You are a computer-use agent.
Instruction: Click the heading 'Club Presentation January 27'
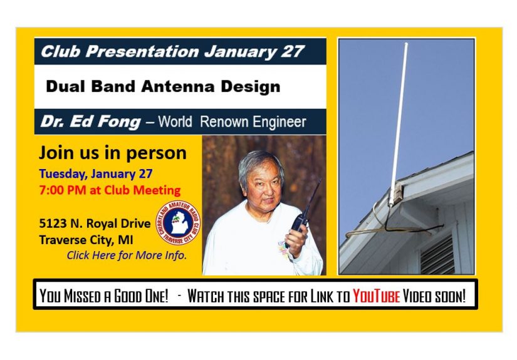click(172, 51)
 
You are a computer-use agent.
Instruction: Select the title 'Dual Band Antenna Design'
click(163, 86)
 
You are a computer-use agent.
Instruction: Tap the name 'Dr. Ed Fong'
click(90, 121)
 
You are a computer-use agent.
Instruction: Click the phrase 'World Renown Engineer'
click(232, 121)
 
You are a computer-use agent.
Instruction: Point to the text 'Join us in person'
click(113, 153)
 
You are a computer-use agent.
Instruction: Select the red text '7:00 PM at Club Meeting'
click(110, 190)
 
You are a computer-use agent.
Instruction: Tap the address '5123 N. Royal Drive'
click(94, 224)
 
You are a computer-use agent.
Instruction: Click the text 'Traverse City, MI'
click(86, 239)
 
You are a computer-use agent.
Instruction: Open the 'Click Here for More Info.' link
click(127, 255)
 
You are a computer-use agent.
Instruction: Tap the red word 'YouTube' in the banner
click(376, 296)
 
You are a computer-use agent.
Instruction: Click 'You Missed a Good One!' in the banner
click(104, 296)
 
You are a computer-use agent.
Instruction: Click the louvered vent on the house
click(437, 254)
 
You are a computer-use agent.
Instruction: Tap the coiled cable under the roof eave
click(376, 225)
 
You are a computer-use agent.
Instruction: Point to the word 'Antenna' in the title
click(189, 86)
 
